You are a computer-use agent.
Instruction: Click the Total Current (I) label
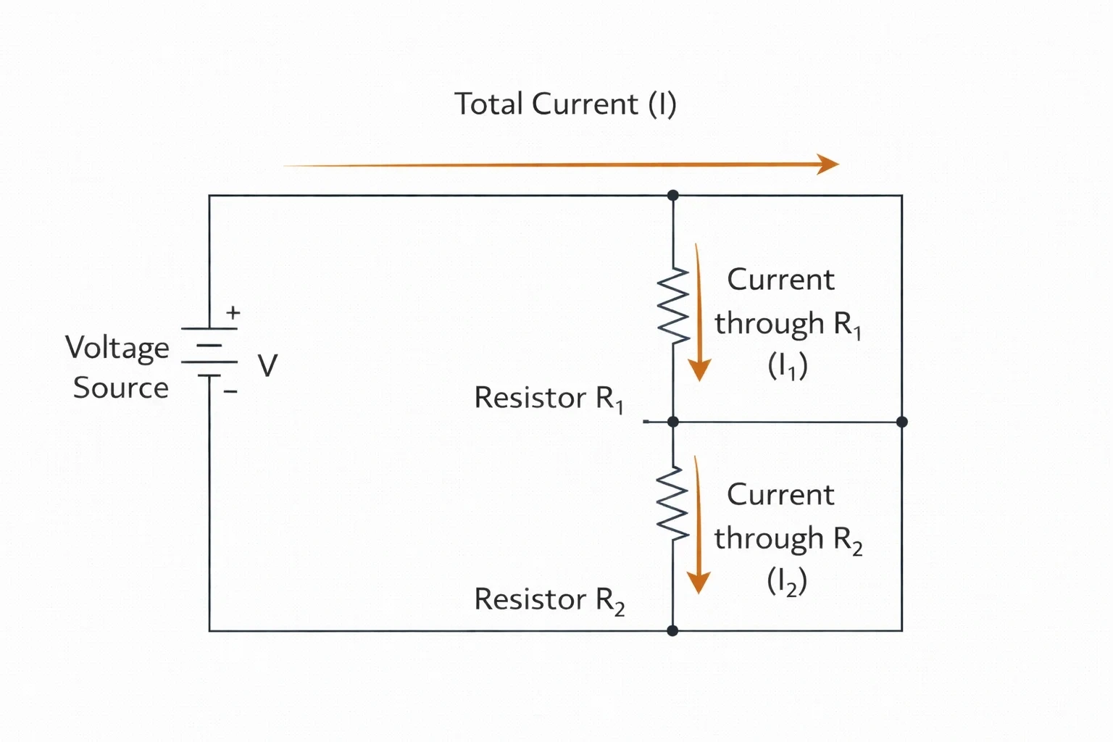tap(565, 104)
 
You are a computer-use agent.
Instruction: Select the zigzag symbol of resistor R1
tap(673, 306)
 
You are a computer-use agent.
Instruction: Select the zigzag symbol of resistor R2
tap(672, 504)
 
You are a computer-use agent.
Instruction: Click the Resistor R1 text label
tap(549, 399)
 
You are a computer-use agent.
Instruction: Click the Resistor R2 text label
tap(549, 601)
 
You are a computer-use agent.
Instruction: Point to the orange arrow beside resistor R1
tap(699, 312)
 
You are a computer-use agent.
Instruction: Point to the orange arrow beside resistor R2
tap(698, 525)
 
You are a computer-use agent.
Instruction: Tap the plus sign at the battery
tap(233, 312)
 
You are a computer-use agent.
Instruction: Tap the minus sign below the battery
tap(230, 391)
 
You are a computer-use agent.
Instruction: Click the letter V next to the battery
tap(268, 365)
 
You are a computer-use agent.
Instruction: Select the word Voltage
tap(117, 348)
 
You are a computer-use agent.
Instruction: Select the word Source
tap(121, 388)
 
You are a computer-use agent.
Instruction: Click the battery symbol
tap(209, 352)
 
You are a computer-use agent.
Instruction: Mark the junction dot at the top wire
tap(673, 196)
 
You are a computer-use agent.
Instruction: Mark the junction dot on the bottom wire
tap(672, 630)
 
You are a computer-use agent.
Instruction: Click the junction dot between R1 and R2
tap(673, 422)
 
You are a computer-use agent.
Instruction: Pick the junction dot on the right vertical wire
tap(902, 422)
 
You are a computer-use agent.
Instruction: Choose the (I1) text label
tap(788, 366)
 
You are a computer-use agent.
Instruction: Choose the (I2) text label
tap(787, 581)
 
